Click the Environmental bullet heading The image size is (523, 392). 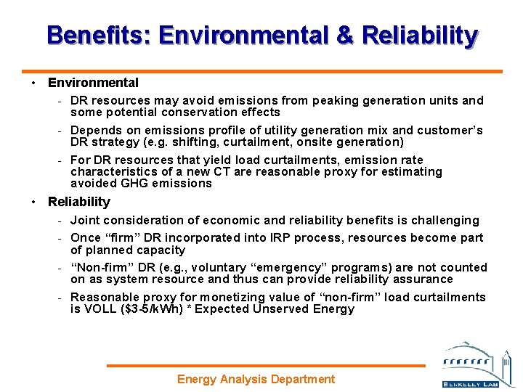[x=93, y=83]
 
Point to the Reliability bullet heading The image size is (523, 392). [x=79, y=202]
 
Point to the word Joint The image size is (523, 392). [x=86, y=220]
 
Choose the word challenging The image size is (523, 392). [x=444, y=220]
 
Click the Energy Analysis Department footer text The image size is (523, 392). [x=256, y=379]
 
